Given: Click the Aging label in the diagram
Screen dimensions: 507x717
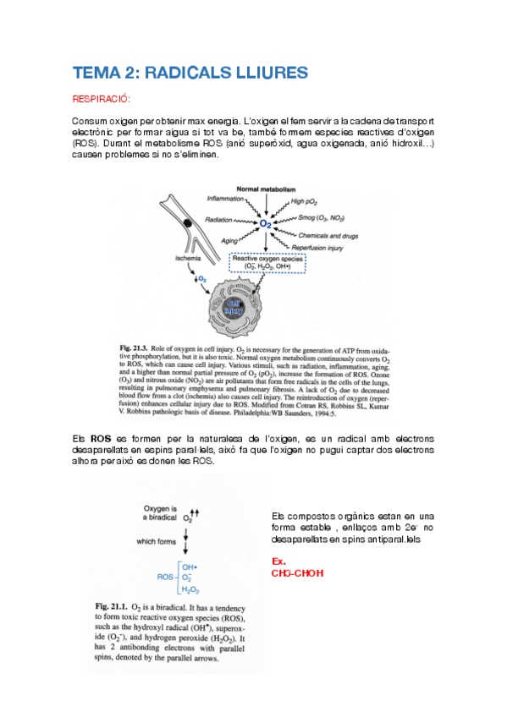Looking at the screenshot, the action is coord(229,240).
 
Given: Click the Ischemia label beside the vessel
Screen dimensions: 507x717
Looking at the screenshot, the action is coord(188,256).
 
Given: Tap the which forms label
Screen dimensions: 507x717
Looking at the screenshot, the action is coord(158,542).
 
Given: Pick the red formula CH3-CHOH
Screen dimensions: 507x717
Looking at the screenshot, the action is coord(297,572).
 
